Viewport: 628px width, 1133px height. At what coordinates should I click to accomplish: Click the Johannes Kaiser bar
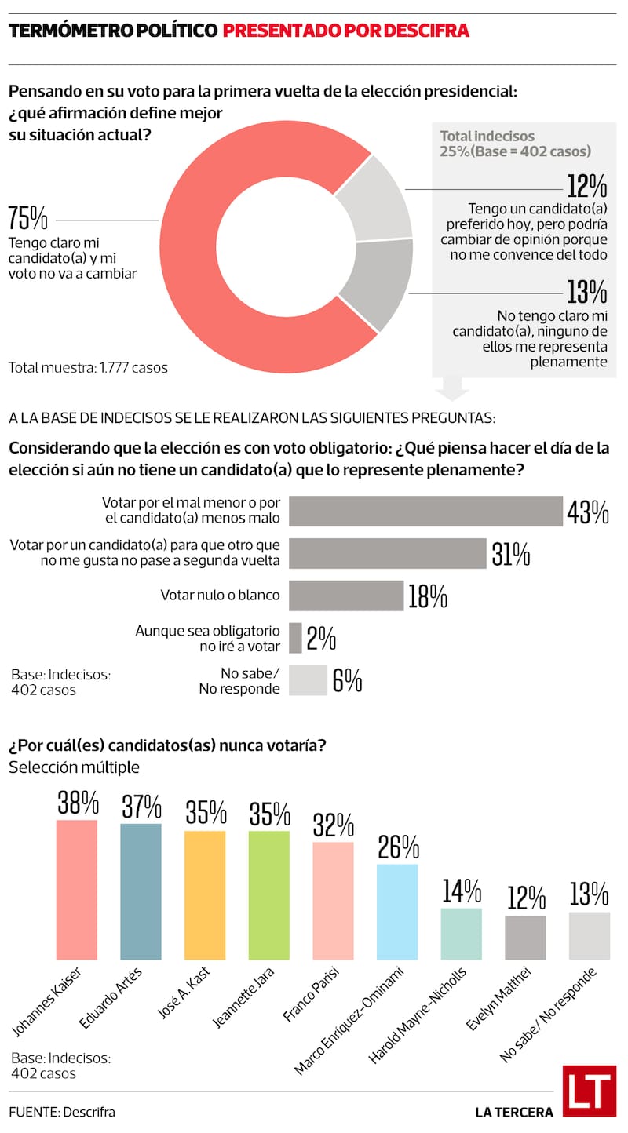click(x=77, y=890)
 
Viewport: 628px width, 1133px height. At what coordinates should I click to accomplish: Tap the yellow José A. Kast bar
click(x=205, y=895)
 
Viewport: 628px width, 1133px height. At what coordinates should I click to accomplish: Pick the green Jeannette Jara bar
click(x=269, y=895)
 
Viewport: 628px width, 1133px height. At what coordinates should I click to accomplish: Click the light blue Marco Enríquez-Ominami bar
click(x=397, y=912)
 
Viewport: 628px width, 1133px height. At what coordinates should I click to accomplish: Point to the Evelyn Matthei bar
click(x=525, y=938)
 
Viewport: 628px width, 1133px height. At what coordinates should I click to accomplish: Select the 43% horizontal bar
click(x=425, y=511)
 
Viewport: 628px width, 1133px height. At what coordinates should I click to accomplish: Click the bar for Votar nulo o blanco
click(x=345, y=596)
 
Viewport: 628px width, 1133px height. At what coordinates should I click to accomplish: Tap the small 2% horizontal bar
click(x=295, y=638)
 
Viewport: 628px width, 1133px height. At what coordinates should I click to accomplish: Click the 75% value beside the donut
click(x=27, y=219)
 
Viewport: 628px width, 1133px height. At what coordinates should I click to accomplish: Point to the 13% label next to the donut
click(x=586, y=292)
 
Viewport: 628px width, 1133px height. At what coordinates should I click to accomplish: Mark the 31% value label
click(x=511, y=554)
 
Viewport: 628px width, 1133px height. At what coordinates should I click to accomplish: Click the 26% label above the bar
click(x=398, y=848)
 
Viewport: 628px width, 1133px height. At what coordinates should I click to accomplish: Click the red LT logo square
click(x=589, y=1091)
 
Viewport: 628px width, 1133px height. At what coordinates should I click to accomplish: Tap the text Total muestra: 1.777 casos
click(x=88, y=367)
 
